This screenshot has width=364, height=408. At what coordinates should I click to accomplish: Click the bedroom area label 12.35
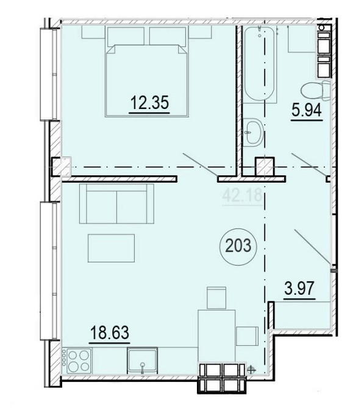click(x=149, y=102)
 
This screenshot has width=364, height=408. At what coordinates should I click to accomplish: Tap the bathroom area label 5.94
click(x=307, y=111)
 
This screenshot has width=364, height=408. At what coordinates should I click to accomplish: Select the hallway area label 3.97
click(x=299, y=289)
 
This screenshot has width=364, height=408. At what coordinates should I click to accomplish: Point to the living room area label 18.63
click(x=109, y=332)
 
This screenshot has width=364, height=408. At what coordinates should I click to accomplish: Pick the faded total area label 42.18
click(x=242, y=195)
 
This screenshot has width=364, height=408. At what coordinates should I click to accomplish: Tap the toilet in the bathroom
click(x=316, y=90)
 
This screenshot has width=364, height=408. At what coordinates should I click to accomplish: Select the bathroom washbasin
click(x=254, y=132)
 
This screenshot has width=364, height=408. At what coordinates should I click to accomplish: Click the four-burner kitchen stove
click(x=79, y=361)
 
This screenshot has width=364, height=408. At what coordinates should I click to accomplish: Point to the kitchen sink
click(x=142, y=361)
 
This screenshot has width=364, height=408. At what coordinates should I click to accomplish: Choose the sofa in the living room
click(x=116, y=203)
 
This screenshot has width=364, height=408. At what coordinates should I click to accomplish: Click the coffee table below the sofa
click(x=111, y=248)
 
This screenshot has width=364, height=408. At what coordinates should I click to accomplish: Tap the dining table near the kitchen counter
click(x=216, y=336)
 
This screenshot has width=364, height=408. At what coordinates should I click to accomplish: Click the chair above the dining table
click(x=216, y=298)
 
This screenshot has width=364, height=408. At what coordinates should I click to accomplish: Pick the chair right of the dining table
click(x=247, y=336)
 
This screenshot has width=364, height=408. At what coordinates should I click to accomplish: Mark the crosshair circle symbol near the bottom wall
click(x=251, y=369)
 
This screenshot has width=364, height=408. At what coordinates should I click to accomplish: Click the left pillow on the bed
click(x=126, y=36)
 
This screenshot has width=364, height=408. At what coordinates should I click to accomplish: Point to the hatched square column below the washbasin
click(x=265, y=167)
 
